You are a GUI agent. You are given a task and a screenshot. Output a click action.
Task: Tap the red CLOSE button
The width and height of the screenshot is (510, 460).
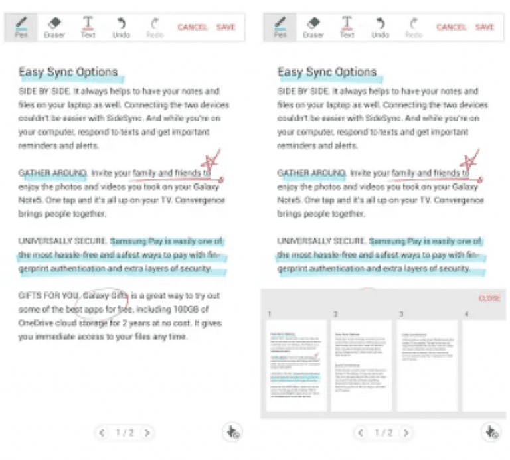click(489, 299)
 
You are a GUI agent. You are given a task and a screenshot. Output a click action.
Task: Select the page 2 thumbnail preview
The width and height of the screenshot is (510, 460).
click(361, 365)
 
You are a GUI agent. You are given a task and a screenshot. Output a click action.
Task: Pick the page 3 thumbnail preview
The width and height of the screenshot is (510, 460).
click(427, 365)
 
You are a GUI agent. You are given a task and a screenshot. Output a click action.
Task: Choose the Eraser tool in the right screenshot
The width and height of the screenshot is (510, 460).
click(313, 27)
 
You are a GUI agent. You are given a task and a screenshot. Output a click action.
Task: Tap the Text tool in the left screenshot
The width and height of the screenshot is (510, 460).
click(88, 27)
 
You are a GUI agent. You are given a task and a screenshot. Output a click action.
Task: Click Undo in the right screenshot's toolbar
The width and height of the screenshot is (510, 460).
click(381, 27)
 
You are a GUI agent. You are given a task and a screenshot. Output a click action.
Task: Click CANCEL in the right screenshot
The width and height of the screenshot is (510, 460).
click(451, 27)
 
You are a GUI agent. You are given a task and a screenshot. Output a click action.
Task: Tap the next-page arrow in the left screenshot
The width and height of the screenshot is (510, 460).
click(147, 433)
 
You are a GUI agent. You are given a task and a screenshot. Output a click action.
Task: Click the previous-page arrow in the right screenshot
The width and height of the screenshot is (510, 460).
click(361, 433)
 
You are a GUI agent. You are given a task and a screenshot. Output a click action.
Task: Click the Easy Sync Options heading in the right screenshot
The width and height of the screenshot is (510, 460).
click(327, 72)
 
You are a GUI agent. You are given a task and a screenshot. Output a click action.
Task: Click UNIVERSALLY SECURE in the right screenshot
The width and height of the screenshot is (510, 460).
click(321, 240)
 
